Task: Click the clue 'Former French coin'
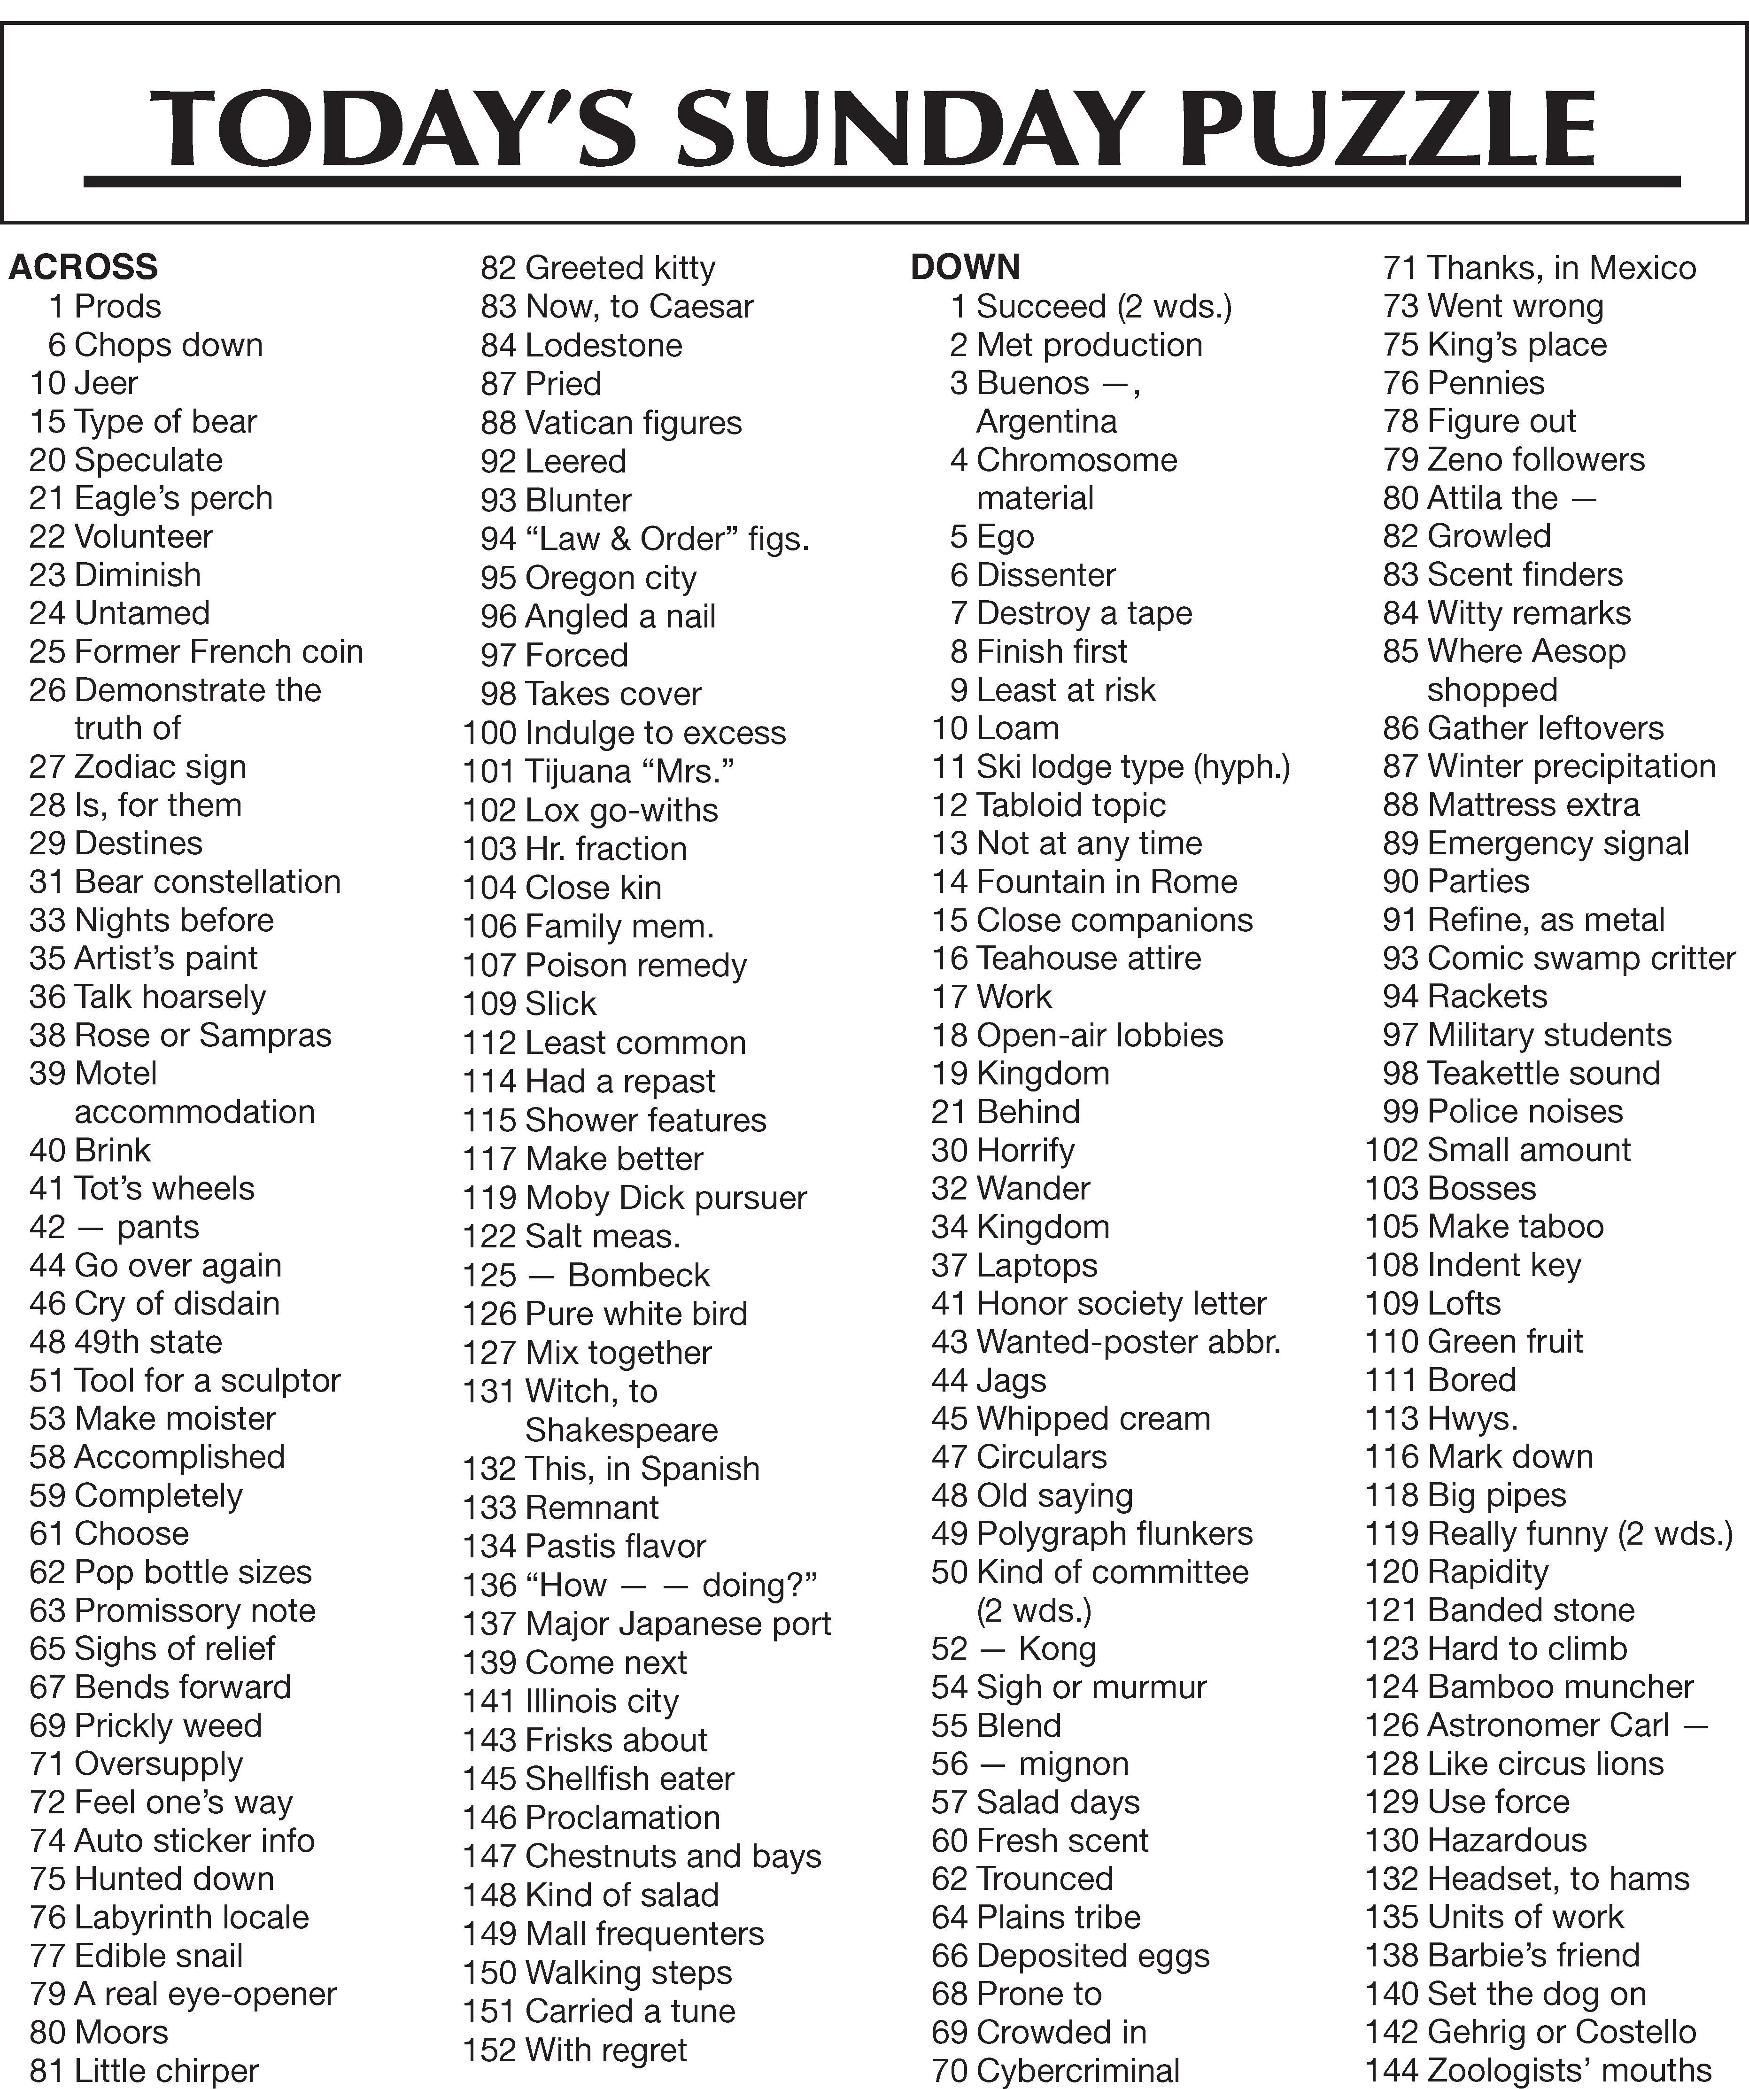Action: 219,651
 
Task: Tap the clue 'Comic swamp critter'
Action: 1581,958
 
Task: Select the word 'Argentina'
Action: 1046,422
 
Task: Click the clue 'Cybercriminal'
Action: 1078,2070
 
